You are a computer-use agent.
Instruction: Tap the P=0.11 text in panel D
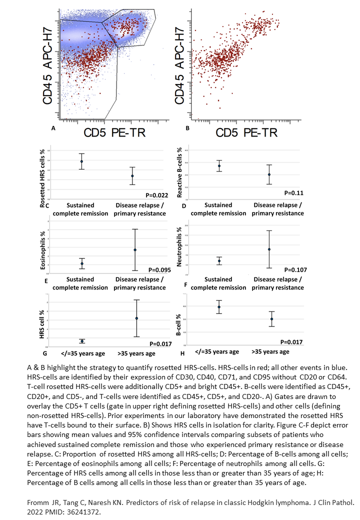coord(294,192)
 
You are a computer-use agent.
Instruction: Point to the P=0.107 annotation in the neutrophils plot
coord(293,270)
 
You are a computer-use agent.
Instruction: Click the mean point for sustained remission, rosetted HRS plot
coord(81,161)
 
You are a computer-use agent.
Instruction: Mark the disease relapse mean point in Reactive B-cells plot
coord(269,174)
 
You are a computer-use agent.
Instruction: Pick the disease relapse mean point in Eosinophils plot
coord(135,250)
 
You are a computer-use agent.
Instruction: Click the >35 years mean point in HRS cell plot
coord(136,318)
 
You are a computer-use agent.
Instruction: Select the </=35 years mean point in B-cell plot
coord(219,307)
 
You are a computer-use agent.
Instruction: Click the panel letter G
coord(46,353)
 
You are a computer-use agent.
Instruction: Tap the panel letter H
coord(182,353)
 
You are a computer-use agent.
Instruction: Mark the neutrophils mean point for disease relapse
coord(269,249)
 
